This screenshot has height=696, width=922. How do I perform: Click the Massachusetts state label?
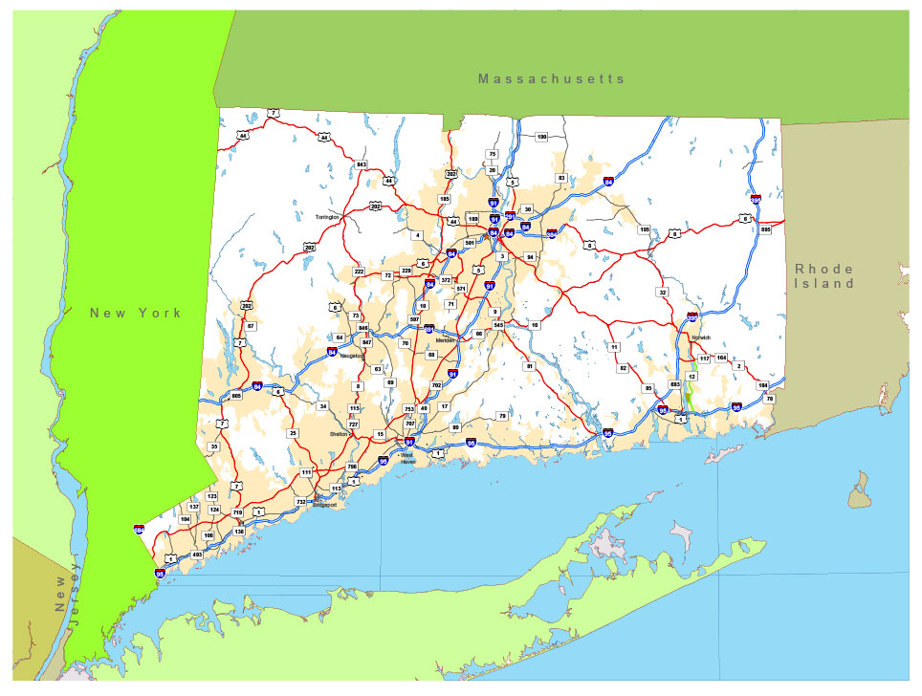coord(552,78)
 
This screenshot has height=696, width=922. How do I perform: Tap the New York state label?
coord(135,313)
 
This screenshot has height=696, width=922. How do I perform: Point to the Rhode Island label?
coord(823,276)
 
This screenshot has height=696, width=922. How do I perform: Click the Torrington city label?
coord(328,217)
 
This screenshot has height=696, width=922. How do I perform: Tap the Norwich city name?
coord(702,337)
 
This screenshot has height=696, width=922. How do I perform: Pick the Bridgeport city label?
coord(324,504)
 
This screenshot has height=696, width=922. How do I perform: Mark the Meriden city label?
coord(446,340)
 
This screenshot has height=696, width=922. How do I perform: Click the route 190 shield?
coord(541,138)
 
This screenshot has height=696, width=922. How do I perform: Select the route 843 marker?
coord(362,164)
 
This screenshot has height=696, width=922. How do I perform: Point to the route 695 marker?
coord(765,229)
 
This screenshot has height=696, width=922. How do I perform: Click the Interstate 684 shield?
coord(140,529)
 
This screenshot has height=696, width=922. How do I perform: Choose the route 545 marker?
coord(498,325)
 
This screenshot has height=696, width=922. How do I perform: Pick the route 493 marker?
coord(197,555)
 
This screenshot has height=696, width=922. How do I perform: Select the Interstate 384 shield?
coord(552,232)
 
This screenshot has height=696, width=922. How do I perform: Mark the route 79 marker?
coord(501,416)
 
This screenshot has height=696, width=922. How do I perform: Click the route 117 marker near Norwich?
coord(704,359)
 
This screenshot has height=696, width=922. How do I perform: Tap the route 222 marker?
coord(360,272)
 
